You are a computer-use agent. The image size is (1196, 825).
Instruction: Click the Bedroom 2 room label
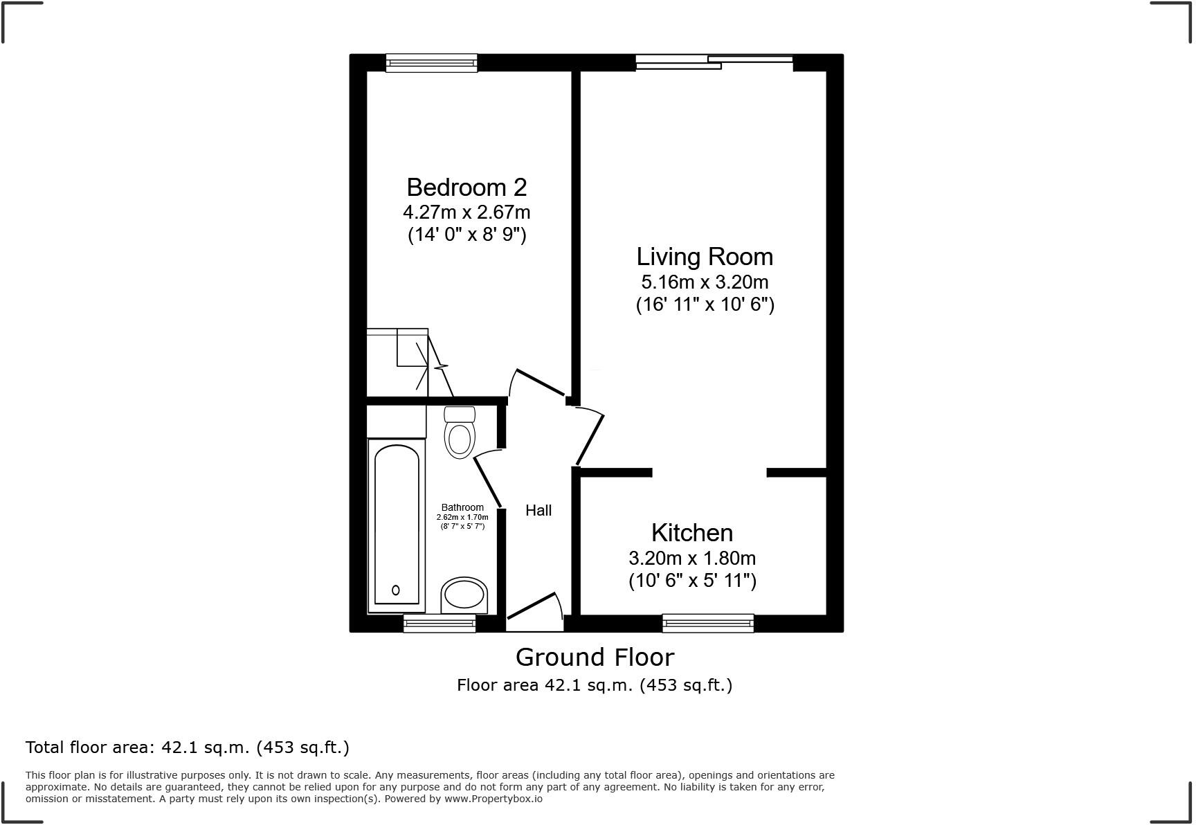466,188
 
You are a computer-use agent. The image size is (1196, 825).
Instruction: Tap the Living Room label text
705,257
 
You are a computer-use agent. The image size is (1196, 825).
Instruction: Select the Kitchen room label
692,533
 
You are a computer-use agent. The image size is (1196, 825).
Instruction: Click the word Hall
538,511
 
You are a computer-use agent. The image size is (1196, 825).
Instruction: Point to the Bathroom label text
462,507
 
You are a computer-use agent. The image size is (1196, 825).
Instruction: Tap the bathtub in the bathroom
397,524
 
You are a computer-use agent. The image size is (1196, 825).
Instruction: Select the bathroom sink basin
464,595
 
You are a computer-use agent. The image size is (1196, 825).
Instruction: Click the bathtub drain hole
396,590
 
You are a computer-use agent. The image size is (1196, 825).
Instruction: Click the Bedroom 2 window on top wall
431,63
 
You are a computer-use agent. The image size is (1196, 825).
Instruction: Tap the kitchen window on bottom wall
707,624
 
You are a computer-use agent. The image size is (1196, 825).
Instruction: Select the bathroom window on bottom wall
440,624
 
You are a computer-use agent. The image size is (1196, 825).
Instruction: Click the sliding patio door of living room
714,63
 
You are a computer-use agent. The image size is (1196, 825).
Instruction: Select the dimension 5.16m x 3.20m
705,282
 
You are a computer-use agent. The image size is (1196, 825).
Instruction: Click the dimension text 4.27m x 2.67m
466,211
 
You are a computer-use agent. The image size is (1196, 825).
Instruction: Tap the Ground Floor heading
595,657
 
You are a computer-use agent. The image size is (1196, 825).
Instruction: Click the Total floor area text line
187,747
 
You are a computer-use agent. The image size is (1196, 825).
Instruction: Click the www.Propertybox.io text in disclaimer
493,799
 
